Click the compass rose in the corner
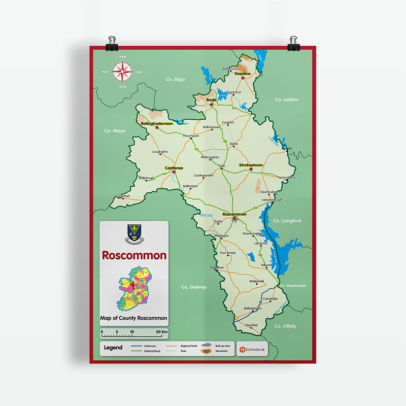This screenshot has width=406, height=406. [x=122, y=72]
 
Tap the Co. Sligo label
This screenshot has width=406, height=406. [x=176, y=80]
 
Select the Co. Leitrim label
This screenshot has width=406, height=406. [x=286, y=99]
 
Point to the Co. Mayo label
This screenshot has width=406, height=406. [x=115, y=131]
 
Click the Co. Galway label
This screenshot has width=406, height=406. [x=194, y=287]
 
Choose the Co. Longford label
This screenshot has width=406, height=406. [x=287, y=221]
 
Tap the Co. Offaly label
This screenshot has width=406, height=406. [x=285, y=326]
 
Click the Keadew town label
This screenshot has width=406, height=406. [x=243, y=74]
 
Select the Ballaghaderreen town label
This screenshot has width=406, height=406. [x=156, y=123]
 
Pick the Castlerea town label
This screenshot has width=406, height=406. [x=174, y=168]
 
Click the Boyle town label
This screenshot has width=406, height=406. [x=211, y=100]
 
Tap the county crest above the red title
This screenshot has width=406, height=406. [x=134, y=233]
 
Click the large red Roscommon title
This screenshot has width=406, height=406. [x=134, y=255]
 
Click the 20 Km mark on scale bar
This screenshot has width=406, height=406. [x=161, y=332]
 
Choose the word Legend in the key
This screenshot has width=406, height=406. [x=113, y=348]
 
